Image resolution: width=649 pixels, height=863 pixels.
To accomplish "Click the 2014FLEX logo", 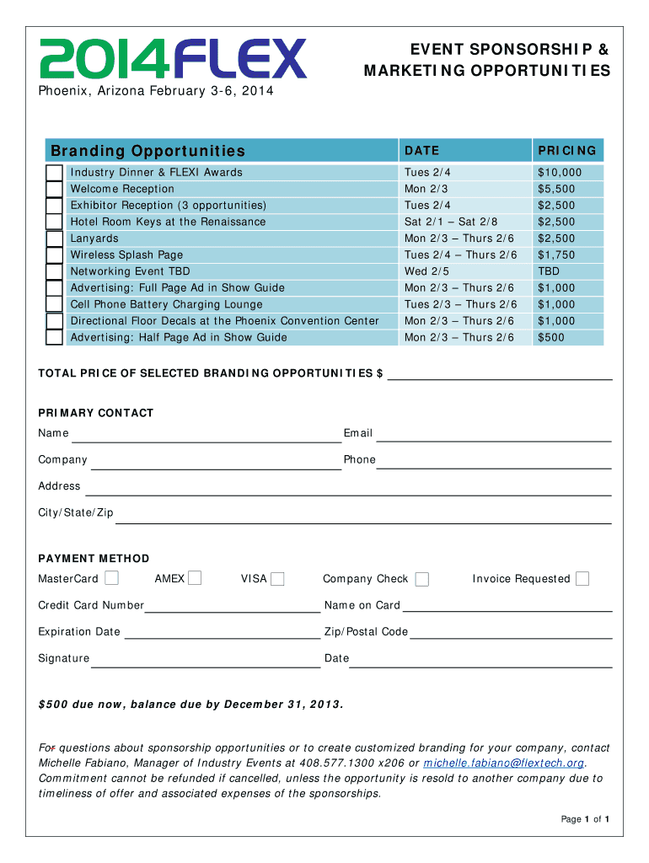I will click(x=174, y=58).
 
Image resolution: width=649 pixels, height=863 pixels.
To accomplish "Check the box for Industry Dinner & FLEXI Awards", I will click(x=54, y=173).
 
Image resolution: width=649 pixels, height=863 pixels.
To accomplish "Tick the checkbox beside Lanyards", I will click(x=54, y=239).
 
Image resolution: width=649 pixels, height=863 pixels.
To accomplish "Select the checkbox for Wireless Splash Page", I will click(x=54, y=255).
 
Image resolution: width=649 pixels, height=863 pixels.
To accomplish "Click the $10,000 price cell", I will click(x=560, y=173).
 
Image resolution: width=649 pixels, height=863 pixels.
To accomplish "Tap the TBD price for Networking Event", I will click(x=549, y=271).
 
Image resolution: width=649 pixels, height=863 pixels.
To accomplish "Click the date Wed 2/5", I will click(x=426, y=271).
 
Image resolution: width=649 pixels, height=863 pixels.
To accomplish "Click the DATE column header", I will click(x=421, y=151).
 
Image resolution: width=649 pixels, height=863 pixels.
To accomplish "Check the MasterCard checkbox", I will click(x=111, y=578).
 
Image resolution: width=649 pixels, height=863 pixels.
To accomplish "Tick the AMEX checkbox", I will click(x=195, y=578).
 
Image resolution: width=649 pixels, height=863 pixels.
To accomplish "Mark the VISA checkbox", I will click(x=277, y=578).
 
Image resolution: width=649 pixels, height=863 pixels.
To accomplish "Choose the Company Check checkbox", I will click(x=422, y=579).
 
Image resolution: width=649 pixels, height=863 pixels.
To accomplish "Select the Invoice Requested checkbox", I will click(x=582, y=578).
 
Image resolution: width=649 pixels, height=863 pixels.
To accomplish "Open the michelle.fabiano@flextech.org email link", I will click(x=503, y=763).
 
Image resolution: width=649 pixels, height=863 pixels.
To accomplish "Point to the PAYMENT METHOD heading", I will click(x=94, y=559).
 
